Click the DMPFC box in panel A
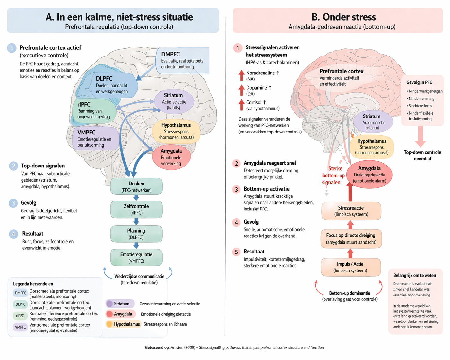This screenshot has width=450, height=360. (182, 60)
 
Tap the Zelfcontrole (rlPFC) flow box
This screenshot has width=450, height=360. (136, 209)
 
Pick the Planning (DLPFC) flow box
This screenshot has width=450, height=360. (136, 234)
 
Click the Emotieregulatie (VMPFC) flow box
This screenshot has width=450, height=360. (136, 257)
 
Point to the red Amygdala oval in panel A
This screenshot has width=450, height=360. (171, 157)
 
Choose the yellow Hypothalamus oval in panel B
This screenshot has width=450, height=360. (372, 147)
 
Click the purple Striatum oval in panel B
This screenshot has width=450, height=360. (372, 122)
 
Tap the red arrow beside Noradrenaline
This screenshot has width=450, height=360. (241, 76)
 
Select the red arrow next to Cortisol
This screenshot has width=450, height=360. (241, 105)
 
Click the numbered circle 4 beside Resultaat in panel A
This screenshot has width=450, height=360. (13, 234)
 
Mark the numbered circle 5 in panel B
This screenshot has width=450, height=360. (236, 252)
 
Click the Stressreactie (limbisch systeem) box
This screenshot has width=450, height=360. (351, 211)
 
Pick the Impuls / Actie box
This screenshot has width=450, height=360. (350, 267)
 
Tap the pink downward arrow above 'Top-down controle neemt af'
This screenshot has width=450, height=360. (420, 136)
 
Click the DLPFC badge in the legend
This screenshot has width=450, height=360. (21, 304)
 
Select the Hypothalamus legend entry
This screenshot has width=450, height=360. (123, 324)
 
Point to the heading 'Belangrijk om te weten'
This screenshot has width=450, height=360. (414, 275)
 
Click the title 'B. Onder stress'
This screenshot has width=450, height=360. (343, 17)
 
